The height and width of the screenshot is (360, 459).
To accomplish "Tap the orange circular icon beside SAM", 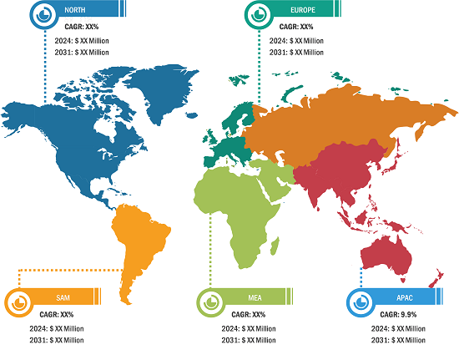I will pos(18,301).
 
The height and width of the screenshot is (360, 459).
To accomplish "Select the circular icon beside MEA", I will pos(209,301).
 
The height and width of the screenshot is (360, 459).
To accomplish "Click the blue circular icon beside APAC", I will pos(361,301).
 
